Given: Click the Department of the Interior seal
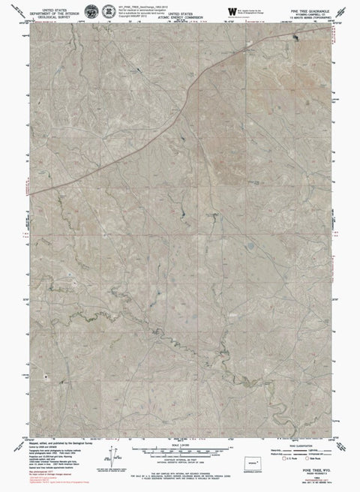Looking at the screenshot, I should coord(91,11).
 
